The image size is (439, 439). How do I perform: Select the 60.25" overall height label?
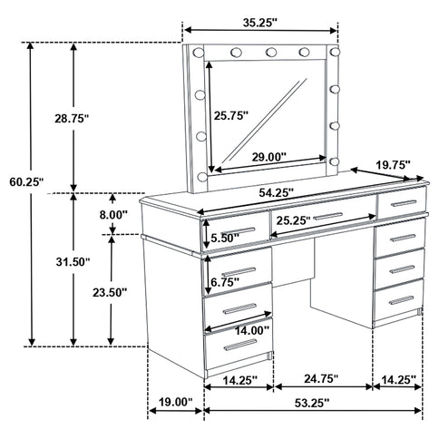tap(19, 182)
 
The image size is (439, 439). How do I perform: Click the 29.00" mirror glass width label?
tap(266, 157)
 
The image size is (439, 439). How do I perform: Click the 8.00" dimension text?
tap(115, 214)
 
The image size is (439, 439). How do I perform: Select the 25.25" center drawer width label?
tap(299, 220)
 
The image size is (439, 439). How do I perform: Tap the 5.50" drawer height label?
tap(223, 239)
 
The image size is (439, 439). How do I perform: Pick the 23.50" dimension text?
tap(109, 292)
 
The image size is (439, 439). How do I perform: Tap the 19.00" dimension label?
tap(173, 402)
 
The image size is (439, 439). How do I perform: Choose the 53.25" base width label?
tap(311, 402)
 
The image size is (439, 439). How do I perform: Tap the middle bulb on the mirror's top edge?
tap(269, 52)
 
